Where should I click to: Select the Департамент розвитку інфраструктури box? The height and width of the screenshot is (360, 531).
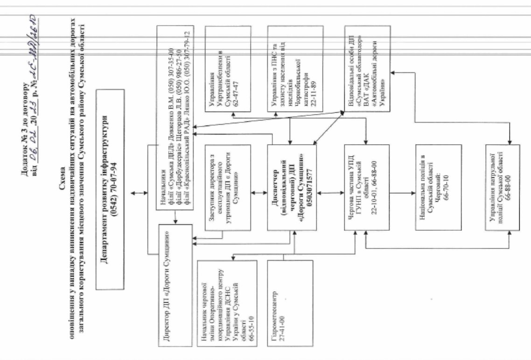(110, 189)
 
